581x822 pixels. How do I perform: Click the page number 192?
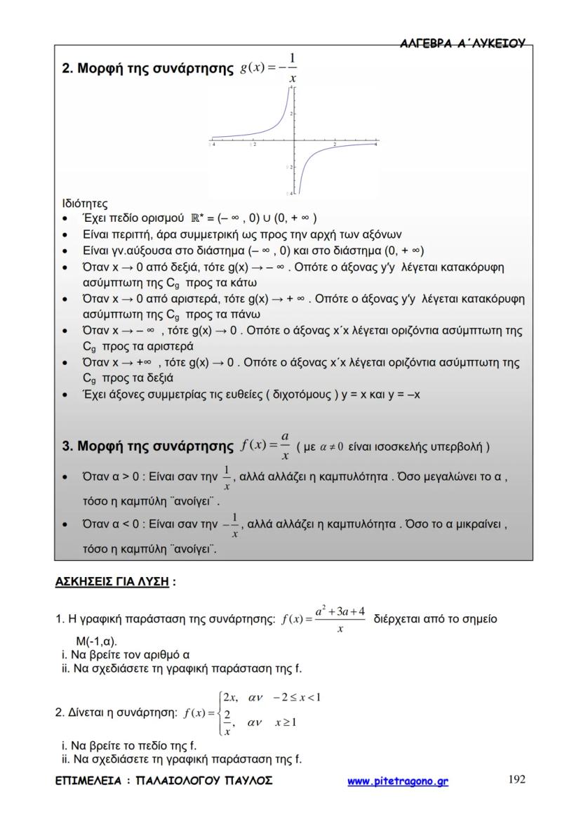(516, 779)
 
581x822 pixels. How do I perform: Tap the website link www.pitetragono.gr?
(398, 781)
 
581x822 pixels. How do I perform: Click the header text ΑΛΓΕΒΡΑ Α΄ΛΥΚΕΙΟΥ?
(462, 44)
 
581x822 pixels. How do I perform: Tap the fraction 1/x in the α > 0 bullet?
(226, 478)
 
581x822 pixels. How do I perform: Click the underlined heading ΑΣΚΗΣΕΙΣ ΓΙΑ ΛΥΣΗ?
(112, 582)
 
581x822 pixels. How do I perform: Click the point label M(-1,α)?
(97, 642)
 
